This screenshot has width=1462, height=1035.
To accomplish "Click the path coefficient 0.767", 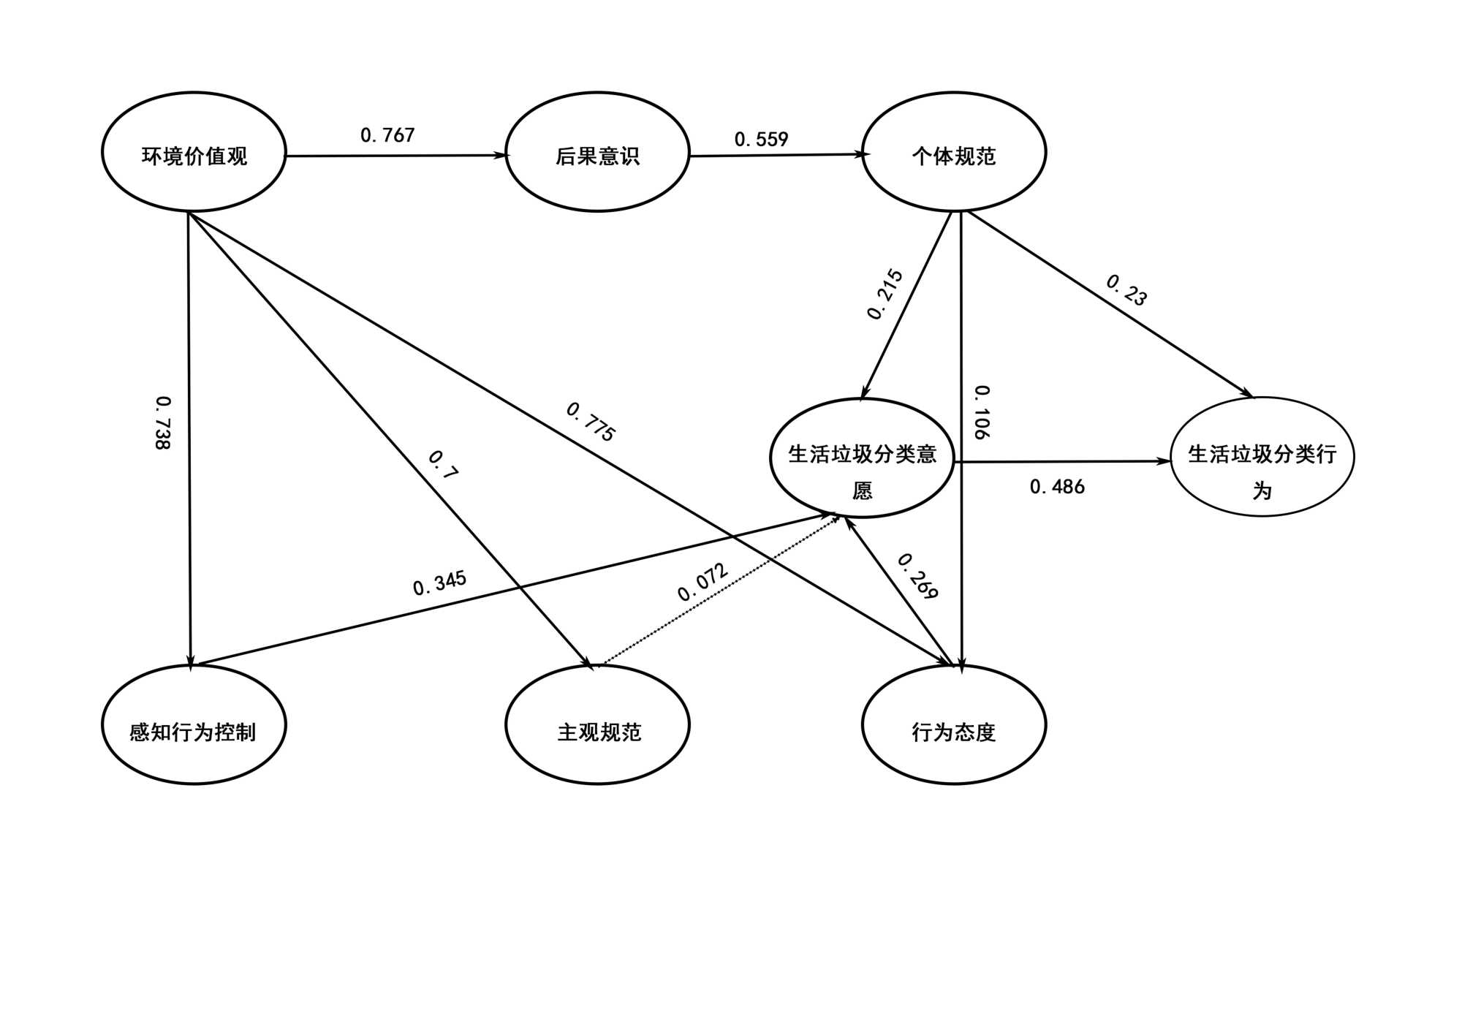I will [x=387, y=135].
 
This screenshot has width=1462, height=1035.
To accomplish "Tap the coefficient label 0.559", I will [x=761, y=139].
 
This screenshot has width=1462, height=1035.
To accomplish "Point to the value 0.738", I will [x=163, y=422].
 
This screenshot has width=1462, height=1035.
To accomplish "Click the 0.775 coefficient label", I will [x=591, y=422].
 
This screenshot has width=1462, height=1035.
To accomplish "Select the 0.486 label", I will [x=1057, y=487].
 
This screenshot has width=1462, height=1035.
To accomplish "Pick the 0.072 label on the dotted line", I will [x=702, y=582].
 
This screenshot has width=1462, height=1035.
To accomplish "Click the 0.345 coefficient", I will [x=439, y=583].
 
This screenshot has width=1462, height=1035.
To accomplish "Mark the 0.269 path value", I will [x=917, y=576].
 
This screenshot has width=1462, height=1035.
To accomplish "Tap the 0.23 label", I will [x=1126, y=289].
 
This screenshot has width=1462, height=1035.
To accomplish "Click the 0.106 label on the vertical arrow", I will [x=982, y=412].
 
